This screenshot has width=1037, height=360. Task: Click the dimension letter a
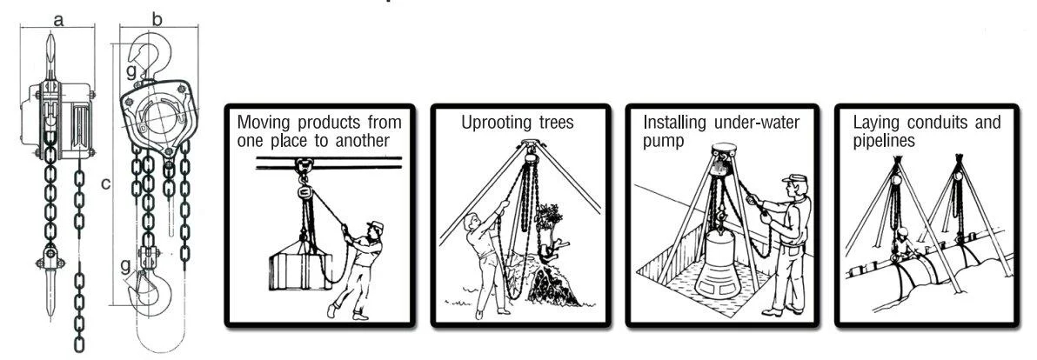pos(58,21)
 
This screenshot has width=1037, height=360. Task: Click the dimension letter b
pos(157,19)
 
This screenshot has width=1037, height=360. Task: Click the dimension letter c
pos(106,183)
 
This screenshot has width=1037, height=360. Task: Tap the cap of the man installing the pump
pos(794,178)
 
